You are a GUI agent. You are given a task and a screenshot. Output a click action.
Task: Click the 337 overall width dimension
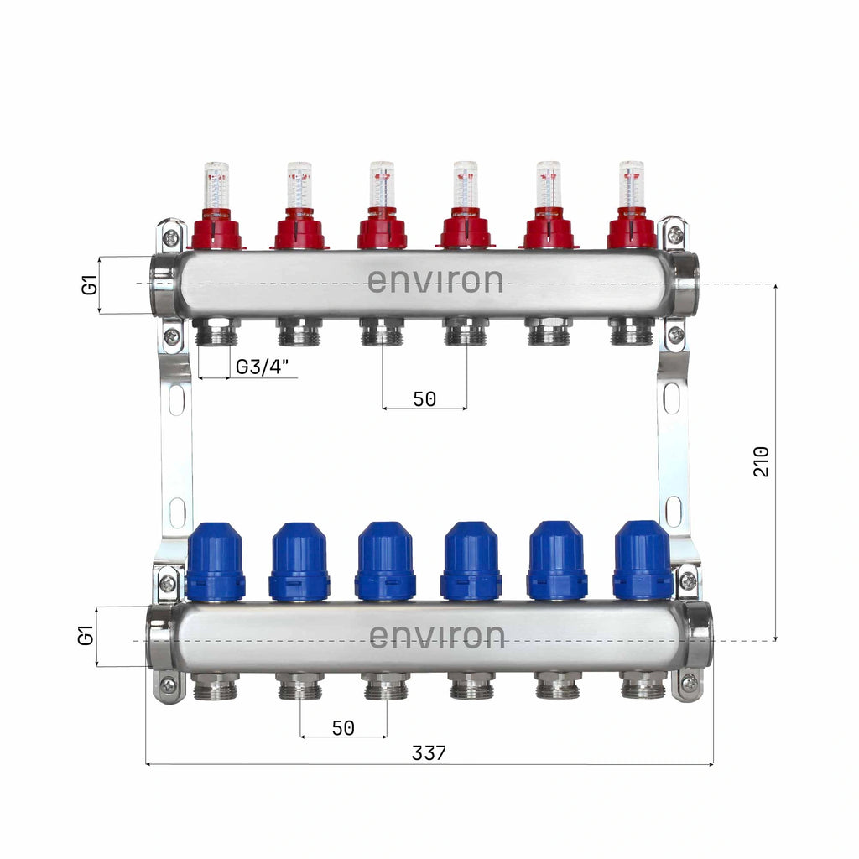coord(429,753)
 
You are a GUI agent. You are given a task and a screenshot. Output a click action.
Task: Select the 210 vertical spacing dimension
coord(762,462)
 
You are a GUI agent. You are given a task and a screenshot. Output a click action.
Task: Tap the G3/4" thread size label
coord(262,367)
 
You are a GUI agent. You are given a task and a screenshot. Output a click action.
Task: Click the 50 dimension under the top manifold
coord(424,398)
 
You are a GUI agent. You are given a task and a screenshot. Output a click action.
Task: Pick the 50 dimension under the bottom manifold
coord(343,727)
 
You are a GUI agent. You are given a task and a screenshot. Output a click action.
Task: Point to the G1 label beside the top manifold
coord(89,285)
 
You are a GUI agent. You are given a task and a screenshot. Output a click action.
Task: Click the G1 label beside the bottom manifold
coord(86,636)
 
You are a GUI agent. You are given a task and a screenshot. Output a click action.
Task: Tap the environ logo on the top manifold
coord(435,280)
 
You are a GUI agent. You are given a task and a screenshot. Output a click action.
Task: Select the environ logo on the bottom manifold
coord(436,636)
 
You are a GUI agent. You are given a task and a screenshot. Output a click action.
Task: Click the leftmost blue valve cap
coord(216,561)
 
